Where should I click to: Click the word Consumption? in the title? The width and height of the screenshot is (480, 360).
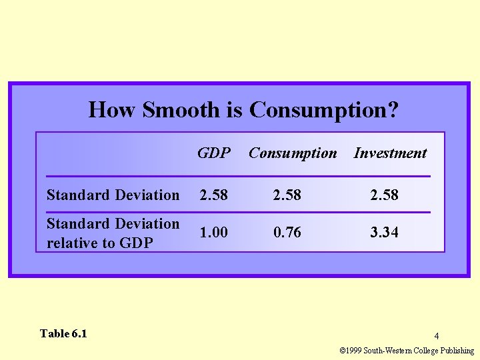pos(324,110)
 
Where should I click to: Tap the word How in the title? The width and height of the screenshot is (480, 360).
pos(113,109)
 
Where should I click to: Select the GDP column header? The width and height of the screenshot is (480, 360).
pos(214,153)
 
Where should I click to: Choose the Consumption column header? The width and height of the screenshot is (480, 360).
pos(293,153)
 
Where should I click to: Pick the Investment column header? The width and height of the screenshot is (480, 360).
pos(390,153)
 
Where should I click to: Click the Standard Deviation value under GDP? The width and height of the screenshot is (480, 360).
pos(213,195)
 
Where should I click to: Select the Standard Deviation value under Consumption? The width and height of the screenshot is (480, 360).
pos(287,195)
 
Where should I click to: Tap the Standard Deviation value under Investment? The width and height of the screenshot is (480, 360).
pos(385,195)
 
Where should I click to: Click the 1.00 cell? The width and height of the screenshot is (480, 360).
pos(213,232)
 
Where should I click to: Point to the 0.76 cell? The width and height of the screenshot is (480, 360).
pos(287,232)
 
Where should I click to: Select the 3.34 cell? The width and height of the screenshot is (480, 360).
pos(385,232)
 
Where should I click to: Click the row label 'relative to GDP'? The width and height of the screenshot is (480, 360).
pos(99,243)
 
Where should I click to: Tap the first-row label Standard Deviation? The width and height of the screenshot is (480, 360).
pos(113,195)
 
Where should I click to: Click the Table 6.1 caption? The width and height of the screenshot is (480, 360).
pos(63,333)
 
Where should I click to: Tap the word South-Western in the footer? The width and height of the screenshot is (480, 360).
pos(387,351)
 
